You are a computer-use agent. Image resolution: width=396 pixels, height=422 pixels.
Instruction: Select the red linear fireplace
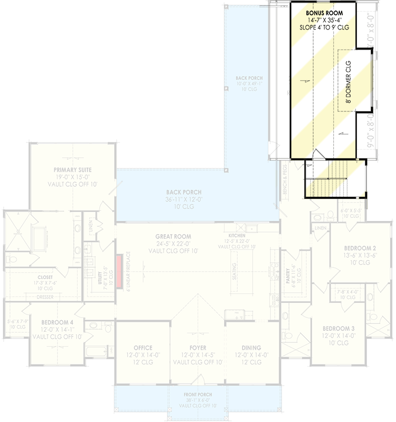120,272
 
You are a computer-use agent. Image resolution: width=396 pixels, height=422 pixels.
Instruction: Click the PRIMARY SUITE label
72,169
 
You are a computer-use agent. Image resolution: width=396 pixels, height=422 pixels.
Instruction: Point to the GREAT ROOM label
173,236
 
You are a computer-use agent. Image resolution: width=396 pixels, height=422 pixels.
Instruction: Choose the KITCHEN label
236,236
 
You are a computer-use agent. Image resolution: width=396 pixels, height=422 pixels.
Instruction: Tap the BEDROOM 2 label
360,248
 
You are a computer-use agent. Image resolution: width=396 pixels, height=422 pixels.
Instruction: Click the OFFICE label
143,348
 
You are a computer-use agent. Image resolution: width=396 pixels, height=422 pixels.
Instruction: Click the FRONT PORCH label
198,394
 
